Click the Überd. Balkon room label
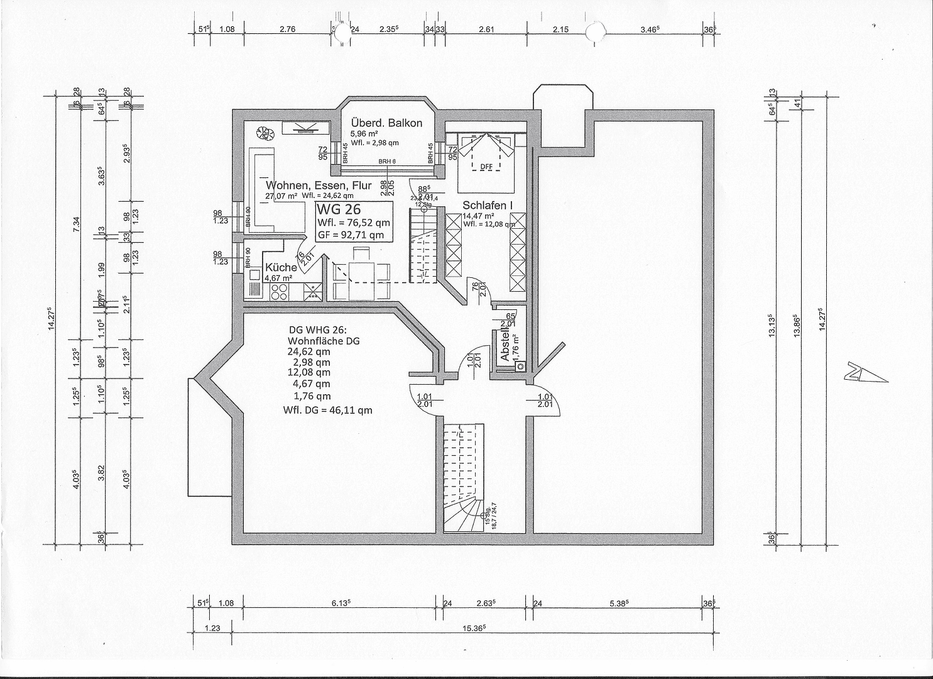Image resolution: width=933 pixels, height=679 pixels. coord(386,123)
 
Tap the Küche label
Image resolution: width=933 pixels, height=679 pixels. coord(281,267)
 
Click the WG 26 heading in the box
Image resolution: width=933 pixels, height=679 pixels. coord(339,209)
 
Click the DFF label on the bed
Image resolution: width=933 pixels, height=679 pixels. coord(486,167)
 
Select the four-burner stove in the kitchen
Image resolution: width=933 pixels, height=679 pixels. coord(278,291)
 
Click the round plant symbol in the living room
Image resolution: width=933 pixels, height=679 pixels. coord(265,133)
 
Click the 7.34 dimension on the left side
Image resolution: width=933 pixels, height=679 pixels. coord(77,223)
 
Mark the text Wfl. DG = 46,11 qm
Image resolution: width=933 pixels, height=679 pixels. coord(327,410)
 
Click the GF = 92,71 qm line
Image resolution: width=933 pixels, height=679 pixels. coord(351,235)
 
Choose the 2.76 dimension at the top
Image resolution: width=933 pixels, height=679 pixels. coord(286,29)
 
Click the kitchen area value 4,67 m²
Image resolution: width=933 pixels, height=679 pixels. coord(278,278)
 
